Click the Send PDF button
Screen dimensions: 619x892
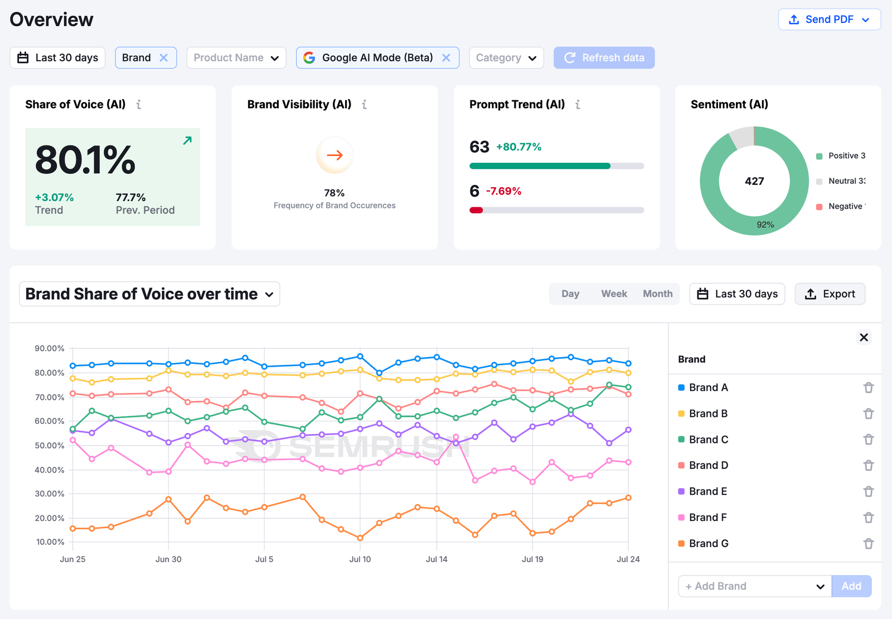point(829,20)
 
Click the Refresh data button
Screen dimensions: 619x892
point(604,58)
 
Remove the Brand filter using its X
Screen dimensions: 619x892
point(163,58)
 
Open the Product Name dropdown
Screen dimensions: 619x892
point(236,58)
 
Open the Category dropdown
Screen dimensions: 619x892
point(506,58)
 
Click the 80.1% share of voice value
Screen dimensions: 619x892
point(85,160)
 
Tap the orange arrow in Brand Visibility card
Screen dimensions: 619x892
point(334,155)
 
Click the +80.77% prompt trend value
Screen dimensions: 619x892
point(518,147)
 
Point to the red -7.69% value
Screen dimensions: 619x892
point(503,191)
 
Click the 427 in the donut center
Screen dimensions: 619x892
point(754,181)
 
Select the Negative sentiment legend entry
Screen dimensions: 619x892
point(842,206)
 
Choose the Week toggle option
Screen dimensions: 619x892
point(614,294)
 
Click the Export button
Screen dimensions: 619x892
point(830,294)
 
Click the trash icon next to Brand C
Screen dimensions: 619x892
point(868,440)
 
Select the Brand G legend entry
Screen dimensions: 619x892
point(708,543)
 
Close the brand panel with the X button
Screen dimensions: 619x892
point(864,337)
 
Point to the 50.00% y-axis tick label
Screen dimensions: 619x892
point(50,446)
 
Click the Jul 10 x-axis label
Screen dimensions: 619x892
point(360,559)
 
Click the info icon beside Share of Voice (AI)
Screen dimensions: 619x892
point(139,105)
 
